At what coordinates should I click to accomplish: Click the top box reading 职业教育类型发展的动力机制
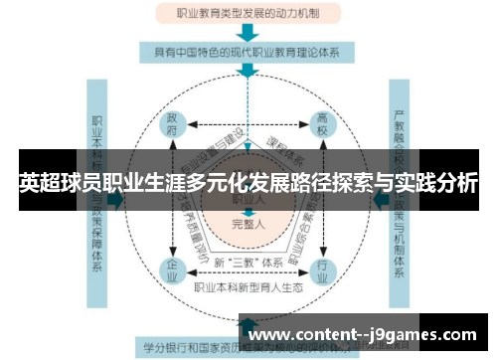click(x=248, y=13)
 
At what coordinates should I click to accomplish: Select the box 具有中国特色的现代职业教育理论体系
click(x=248, y=50)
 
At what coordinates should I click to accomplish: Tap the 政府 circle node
click(x=174, y=128)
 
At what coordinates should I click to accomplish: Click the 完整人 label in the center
click(x=248, y=224)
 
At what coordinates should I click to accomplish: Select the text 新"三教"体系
click(x=248, y=263)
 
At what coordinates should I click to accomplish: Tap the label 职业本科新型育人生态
click(x=248, y=287)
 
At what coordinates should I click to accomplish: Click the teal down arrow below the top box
click(x=248, y=31)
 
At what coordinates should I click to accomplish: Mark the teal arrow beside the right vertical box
click(x=381, y=199)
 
